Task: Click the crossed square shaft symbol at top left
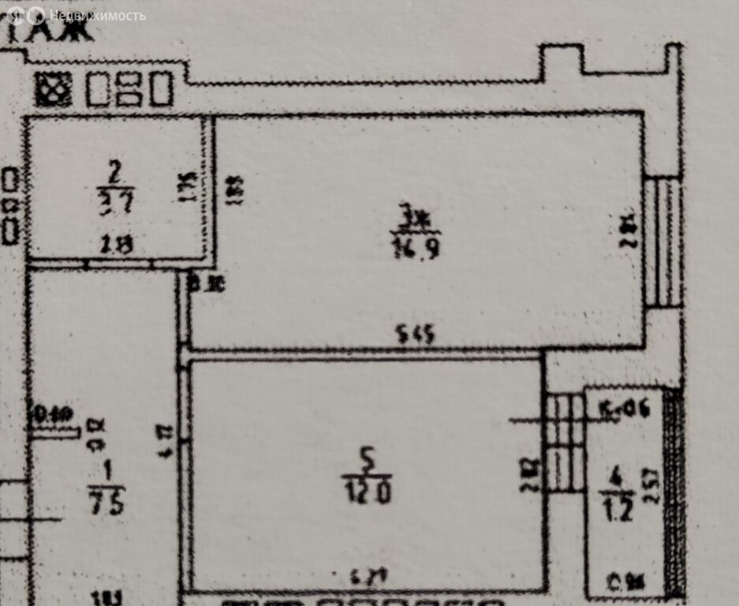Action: (x=54, y=89)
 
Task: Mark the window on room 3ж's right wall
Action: (x=661, y=241)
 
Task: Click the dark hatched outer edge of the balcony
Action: (x=674, y=492)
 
